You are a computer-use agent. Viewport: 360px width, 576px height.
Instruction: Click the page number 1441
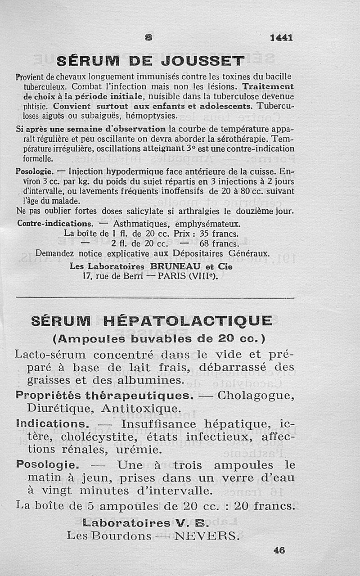pyautogui.click(x=282, y=38)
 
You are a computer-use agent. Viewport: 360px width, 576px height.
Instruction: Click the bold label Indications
pyautogui.click(x=53, y=424)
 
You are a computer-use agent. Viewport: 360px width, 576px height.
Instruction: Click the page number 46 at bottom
pyautogui.click(x=279, y=550)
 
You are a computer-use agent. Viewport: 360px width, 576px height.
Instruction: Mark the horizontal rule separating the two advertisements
pyautogui.click(x=155, y=297)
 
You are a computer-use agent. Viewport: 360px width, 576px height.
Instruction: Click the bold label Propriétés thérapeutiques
pyautogui.click(x=104, y=396)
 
